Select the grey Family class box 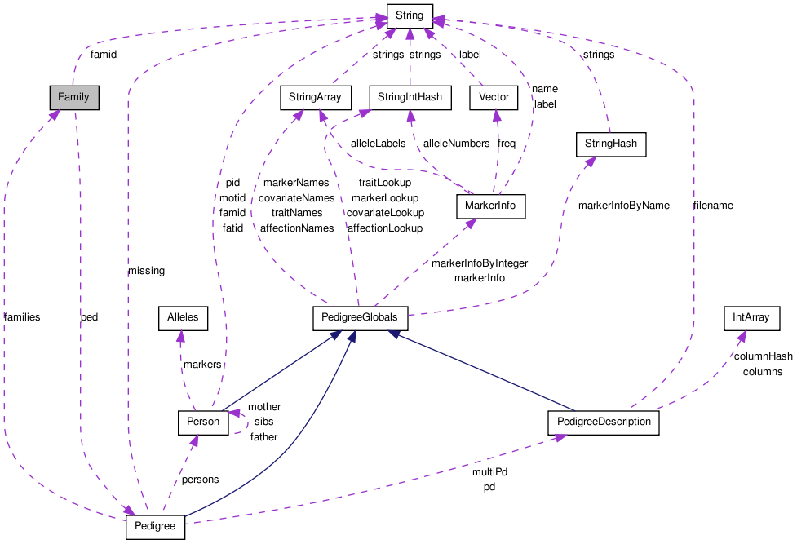click(73, 98)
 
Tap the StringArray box click(316, 98)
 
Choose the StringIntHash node click(410, 98)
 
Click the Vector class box click(494, 98)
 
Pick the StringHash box click(611, 145)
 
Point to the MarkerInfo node click(490, 206)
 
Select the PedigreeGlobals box click(361, 318)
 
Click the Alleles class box click(183, 318)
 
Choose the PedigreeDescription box click(603, 422)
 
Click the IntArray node click(751, 318)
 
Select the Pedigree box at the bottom click(156, 527)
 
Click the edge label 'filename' click(712, 206)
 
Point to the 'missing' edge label click(146, 271)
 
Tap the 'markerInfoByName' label click(623, 206)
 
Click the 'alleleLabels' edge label click(378, 144)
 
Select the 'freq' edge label click(507, 144)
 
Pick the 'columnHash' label click(763, 356)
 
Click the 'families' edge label click(22, 316)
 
